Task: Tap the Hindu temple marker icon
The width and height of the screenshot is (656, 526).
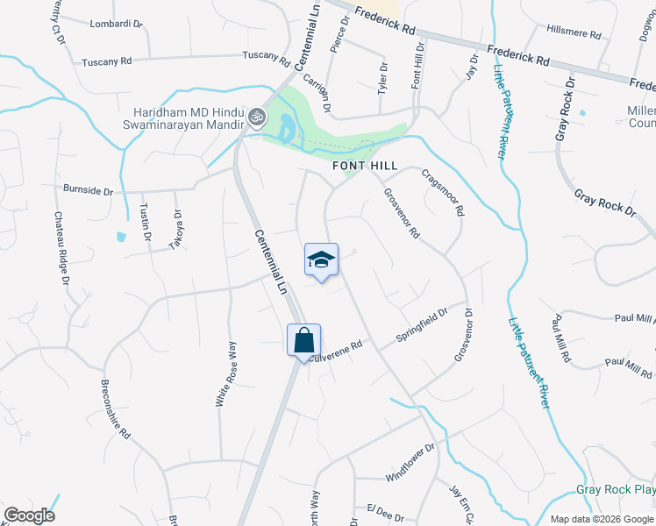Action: [257, 115]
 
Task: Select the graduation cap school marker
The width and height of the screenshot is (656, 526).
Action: [322, 259]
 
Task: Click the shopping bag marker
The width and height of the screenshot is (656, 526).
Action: [303, 340]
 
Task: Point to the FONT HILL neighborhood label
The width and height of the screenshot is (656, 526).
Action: [365, 166]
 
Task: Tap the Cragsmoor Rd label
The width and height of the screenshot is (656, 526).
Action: [443, 193]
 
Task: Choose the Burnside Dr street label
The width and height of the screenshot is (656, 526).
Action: [89, 188]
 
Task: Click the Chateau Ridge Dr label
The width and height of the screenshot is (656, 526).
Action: [61, 249]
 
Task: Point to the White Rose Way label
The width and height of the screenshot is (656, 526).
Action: [226, 374]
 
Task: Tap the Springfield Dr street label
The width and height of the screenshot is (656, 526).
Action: [423, 325]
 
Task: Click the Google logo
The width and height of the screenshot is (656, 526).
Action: [28, 515]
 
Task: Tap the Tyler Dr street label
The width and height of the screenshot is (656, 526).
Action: [382, 79]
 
